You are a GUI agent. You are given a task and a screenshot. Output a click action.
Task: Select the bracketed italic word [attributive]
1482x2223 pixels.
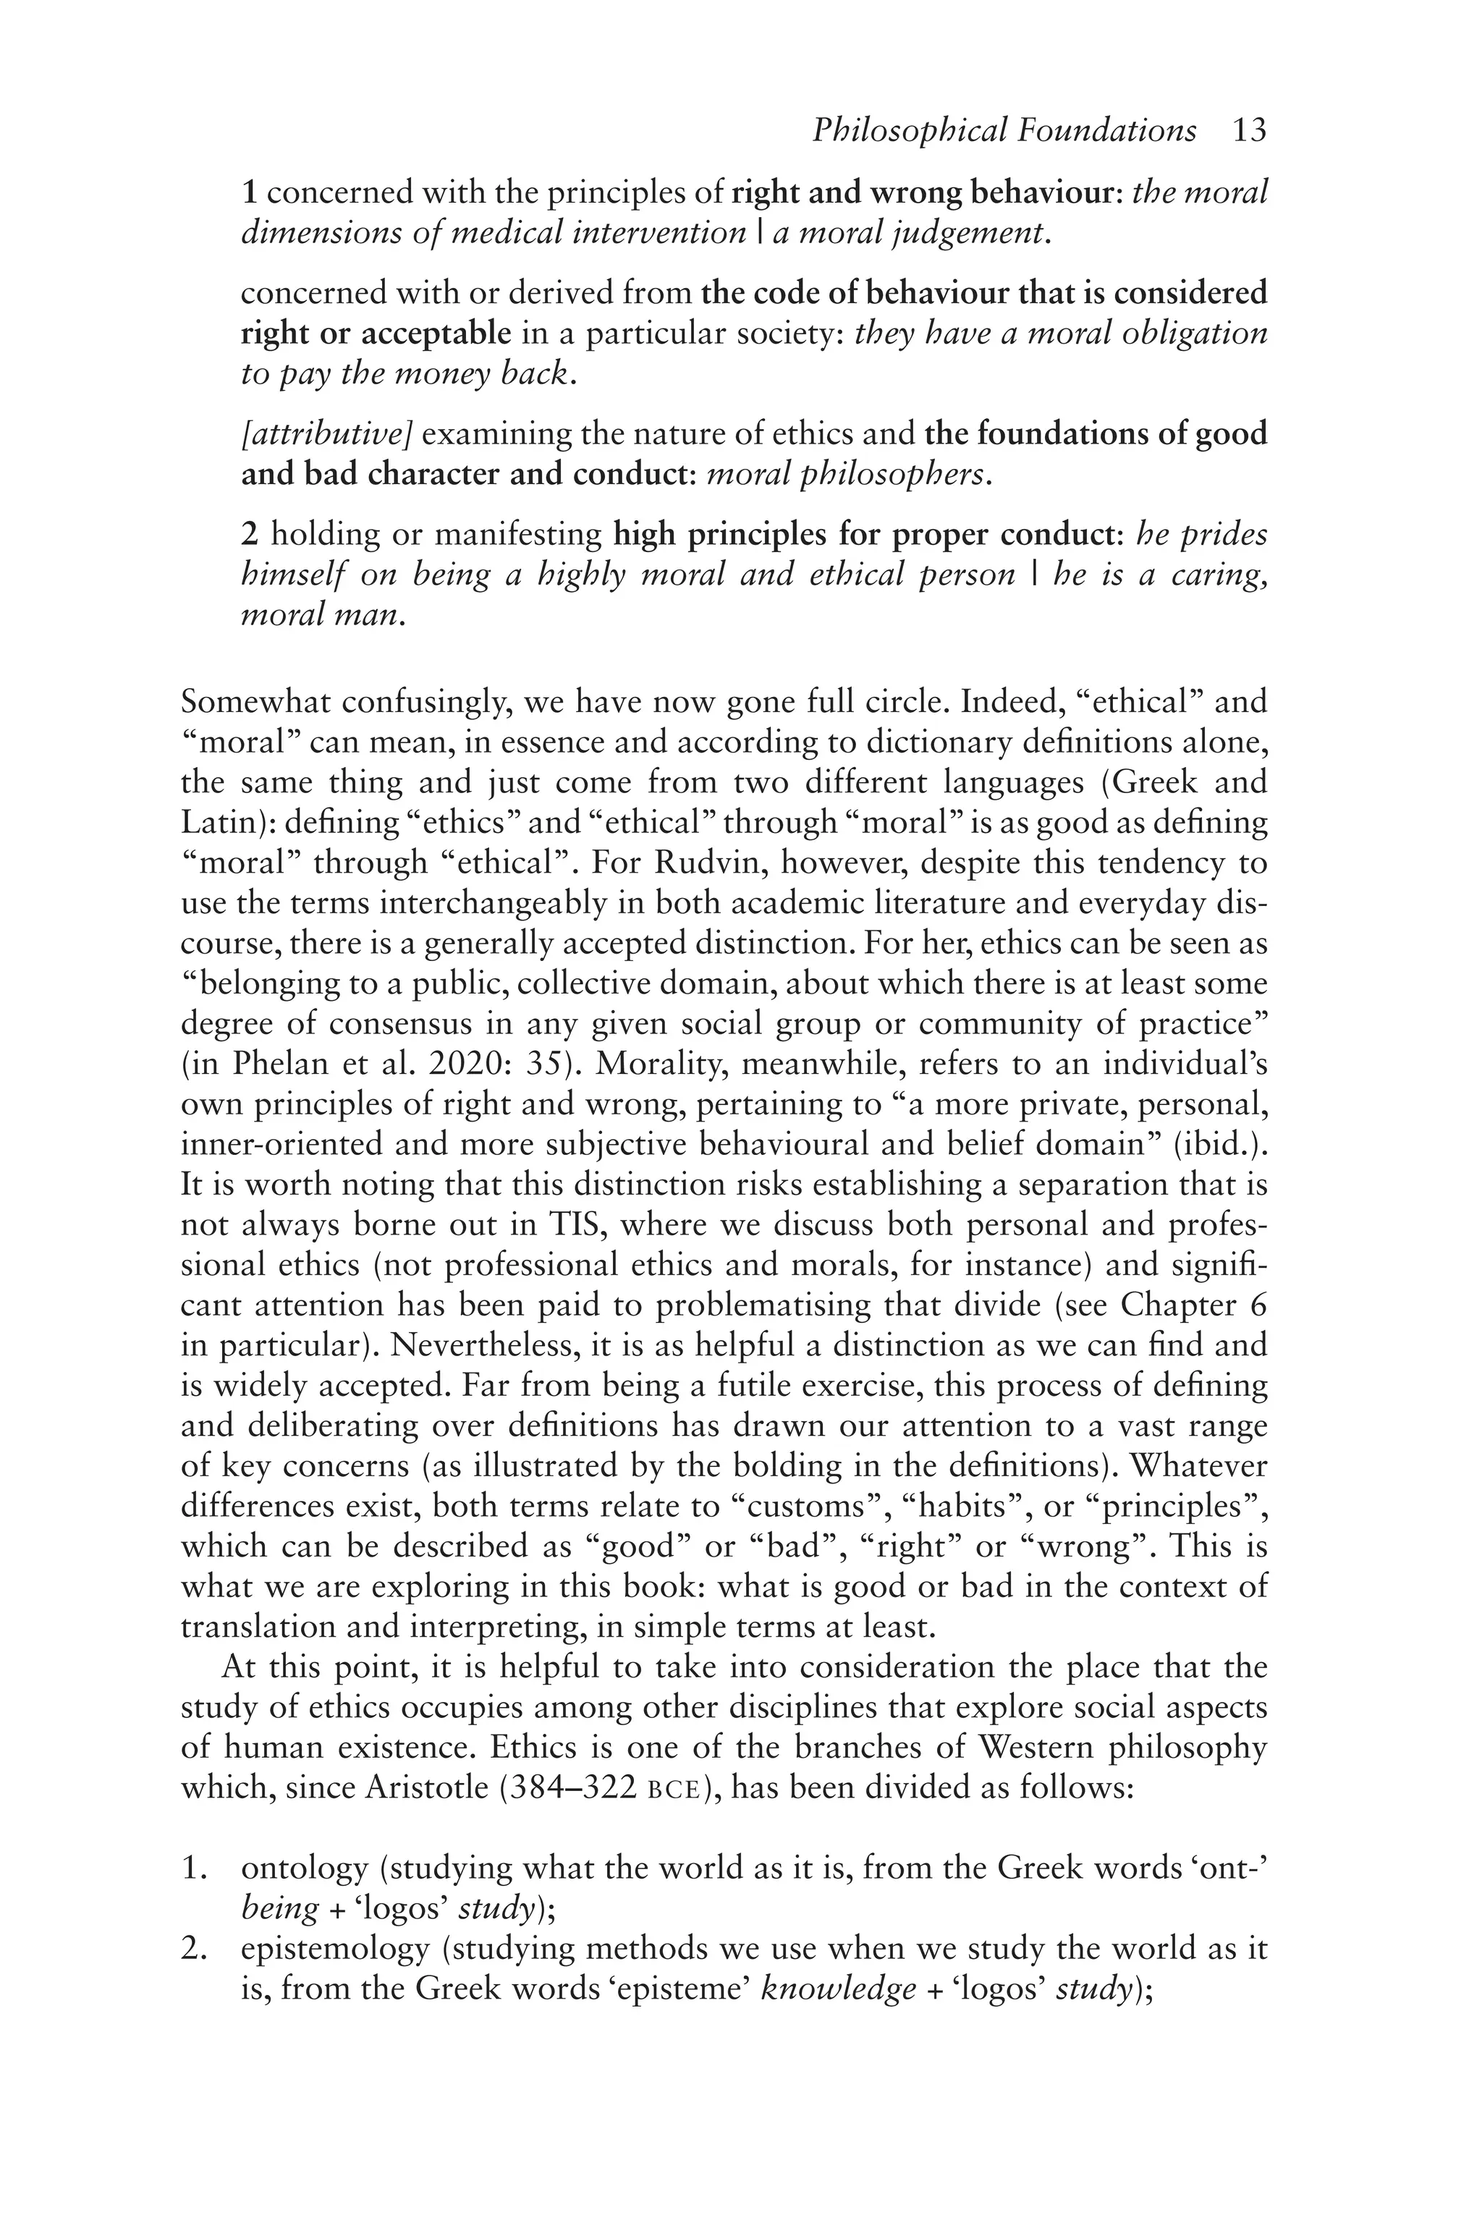pos(327,435)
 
